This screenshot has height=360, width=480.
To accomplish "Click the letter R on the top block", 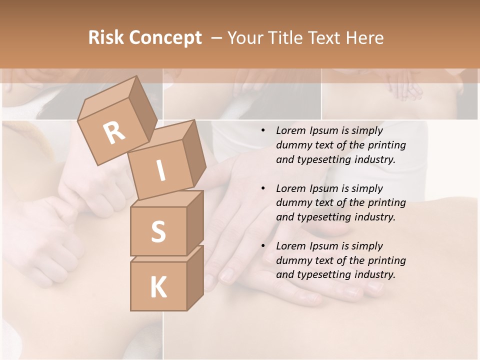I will (114, 132).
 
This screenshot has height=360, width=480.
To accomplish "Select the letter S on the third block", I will (158, 231).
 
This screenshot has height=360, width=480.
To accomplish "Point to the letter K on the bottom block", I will (158, 287).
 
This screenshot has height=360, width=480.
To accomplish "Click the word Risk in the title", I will (106, 37).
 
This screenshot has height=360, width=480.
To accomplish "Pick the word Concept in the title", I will (165, 38).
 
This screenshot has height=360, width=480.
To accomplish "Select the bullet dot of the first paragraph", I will (263, 131).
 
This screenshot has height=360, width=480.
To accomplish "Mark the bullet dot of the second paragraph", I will (263, 188).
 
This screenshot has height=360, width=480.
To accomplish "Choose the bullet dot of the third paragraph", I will (263, 246).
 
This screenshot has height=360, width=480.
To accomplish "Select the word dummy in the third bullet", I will (292, 260).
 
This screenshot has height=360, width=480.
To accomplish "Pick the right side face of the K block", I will (194, 277).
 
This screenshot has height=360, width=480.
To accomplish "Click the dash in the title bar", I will (217, 37).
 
